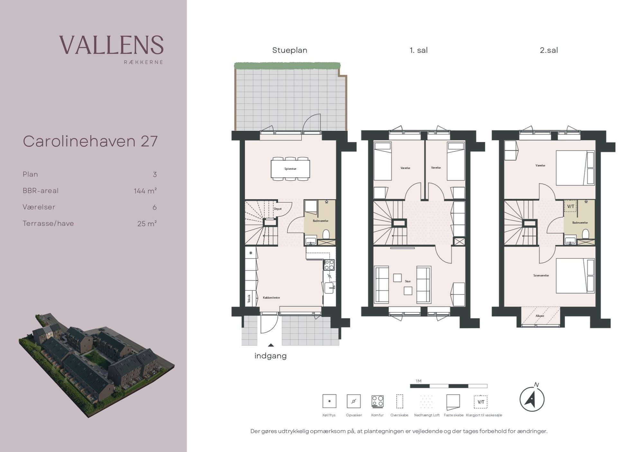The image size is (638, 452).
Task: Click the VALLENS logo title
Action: point(111,45)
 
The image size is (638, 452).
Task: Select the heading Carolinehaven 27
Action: point(90,141)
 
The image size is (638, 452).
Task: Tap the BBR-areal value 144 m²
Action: point(145,191)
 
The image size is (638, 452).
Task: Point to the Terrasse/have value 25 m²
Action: point(147,223)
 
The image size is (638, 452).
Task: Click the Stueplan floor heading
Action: point(290,51)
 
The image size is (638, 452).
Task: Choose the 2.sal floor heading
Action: point(549,50)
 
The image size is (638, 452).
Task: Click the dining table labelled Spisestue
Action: point(290,169)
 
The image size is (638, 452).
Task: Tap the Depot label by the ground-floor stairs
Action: point(278,209)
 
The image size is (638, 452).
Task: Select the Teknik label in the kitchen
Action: point(249,299)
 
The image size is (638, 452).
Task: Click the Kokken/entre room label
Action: point(271,298)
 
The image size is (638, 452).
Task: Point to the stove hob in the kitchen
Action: point(329,265)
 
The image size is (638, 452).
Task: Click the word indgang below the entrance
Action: point(270,356)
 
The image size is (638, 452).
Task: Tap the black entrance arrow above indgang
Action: point(271,345)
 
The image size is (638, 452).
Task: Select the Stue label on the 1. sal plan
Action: point(408,281)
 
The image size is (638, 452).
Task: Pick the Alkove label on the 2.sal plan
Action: point(540,316)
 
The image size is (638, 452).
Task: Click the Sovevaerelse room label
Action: point(541,276)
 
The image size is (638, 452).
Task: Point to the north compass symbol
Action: point(532,399)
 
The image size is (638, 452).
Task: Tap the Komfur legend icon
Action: point(377,401)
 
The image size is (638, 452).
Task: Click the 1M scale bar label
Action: point(418,381)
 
